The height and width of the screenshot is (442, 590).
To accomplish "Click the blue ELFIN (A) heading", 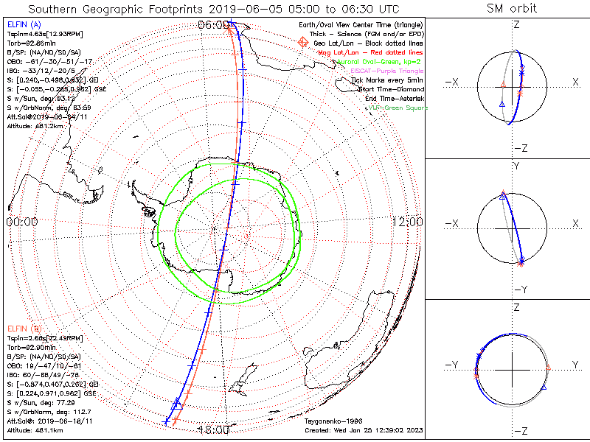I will [x=24, y=24].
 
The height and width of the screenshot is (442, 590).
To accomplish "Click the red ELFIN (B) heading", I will [x=24, y=328].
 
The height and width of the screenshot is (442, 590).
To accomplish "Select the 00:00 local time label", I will [x=21, y=222].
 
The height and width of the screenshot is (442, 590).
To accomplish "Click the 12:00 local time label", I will [x=406, y=222].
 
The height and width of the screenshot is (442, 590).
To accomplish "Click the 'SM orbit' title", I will [x=512, y=9].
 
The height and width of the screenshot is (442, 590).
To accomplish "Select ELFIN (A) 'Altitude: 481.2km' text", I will [x=36, y=125].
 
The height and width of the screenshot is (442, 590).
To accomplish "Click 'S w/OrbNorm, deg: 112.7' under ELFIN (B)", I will [x=46, y=412].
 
